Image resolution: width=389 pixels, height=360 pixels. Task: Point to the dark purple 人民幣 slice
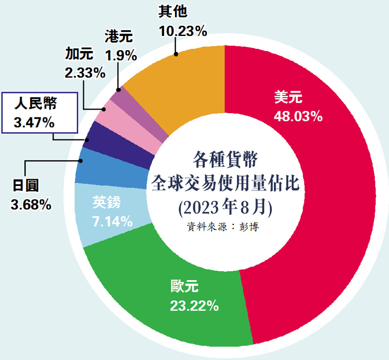(x=120, y=146)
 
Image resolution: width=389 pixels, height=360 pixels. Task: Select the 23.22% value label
(x=195, y=306)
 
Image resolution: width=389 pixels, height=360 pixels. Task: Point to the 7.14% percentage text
(x=112, y=221)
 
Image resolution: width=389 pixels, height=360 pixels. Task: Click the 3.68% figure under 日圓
(x=31, y=204)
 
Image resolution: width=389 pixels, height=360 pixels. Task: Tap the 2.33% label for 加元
(x=85, y=73)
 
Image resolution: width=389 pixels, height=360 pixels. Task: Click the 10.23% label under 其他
(x=183, y=31)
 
